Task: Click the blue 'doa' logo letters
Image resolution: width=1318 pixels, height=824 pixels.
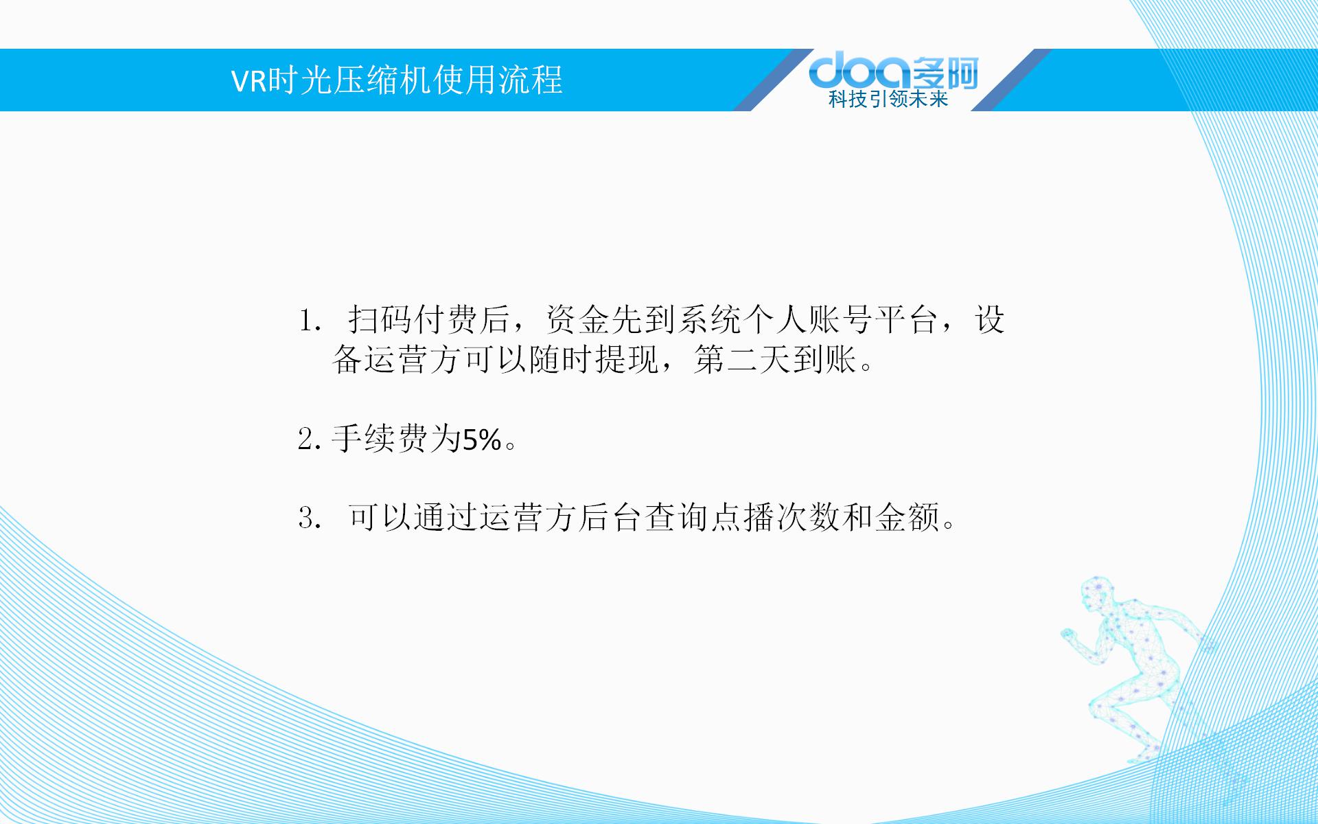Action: coord(861,71)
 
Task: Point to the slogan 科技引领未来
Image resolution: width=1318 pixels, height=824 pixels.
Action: coord(888,100)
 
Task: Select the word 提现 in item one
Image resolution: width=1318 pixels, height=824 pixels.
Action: coord(627,359)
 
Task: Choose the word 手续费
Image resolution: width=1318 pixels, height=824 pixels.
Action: coord(380,439)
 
